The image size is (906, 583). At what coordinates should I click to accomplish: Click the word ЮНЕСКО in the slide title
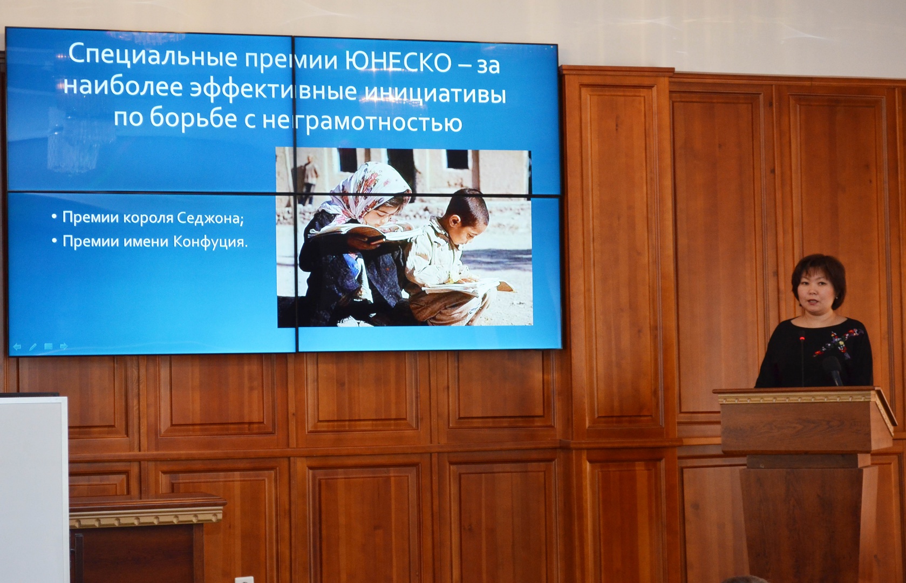(398, 62)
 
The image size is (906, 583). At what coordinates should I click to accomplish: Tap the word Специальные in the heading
(153, 56)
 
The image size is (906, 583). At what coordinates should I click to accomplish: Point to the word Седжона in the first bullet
(210, 219)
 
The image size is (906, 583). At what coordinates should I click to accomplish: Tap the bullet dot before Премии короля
(54, 217)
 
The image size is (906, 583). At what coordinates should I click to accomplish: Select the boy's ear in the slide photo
(454, 221)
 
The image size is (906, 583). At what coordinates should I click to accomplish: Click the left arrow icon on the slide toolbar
(17, 347)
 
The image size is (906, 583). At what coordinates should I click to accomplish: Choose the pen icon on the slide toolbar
(33, 347)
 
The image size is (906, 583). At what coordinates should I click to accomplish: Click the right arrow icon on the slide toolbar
(64, 347)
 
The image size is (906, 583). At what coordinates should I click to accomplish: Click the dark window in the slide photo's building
(458, 159)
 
